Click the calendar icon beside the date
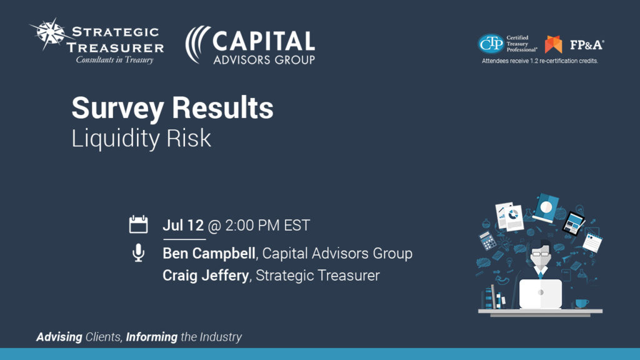[x=138, y=224]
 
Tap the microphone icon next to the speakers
[x=138, y=252]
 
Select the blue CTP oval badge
[x=491, y=44]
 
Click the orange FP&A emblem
[x=554, y=44]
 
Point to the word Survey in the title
[x=117, y=109]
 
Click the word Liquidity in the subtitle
[x=116, y=138]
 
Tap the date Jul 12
[x=183, y=225]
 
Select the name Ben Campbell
[x=209, y=254]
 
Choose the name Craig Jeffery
[x=206, y=276]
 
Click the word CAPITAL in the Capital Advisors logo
[x=263, y=42]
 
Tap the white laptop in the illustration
[x=541, y=294]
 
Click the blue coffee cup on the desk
[x=581, y=303]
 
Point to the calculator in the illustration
[x=487, y=241]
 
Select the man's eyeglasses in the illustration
[x=541, y=254]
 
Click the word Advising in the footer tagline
[x=59, y=337]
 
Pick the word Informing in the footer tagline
[x=151, y=337]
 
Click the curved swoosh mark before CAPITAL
[x=197, y=45]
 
